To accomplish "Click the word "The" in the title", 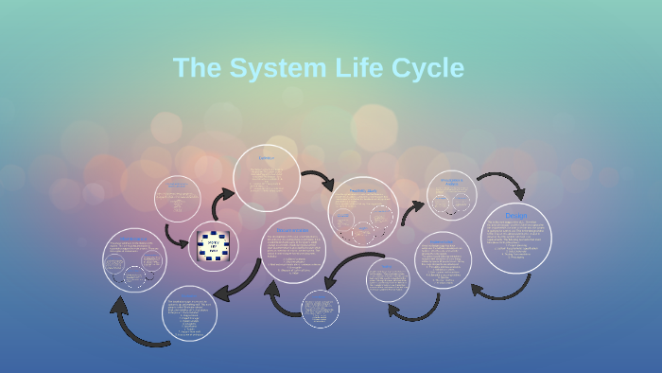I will pyautogui.click(x=197, y=68).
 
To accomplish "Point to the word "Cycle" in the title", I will pyautogui.click(x=426, y=68).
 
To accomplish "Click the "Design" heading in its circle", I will pyautogui.click(x=516, y=216).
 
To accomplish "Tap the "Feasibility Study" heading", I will pyautogui.click(x=363, y=191).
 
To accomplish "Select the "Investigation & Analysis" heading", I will pyautogui.click(x=452, y=182).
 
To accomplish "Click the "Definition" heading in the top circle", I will pyautogui.click(x=267, y=158).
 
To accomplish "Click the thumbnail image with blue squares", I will pyautogui.click(x=214, y=246).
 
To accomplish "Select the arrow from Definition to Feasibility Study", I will pyautogui.click(x=318, y=180).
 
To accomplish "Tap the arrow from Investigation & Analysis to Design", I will pyautogui.click(x=502, y=183).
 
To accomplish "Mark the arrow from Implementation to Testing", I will pyautogui.click(x=413, y=311).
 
